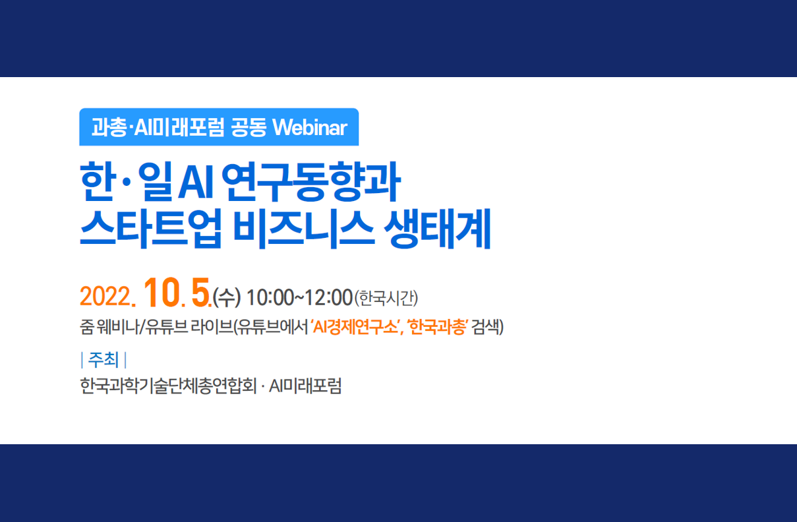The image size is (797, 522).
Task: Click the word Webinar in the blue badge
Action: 310,127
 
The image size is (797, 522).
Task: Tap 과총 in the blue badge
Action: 109,127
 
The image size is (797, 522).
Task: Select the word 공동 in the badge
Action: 249,127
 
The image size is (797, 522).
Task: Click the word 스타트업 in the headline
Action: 151,229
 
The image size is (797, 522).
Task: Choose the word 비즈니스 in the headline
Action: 303,229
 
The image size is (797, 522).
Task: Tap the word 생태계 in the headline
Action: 438,229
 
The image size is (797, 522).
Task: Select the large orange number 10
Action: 162,292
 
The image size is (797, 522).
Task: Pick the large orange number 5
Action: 200,292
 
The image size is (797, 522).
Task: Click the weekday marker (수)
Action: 227,297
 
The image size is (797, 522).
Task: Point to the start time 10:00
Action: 270,297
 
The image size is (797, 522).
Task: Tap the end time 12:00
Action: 329,297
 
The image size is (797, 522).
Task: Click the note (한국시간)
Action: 386,298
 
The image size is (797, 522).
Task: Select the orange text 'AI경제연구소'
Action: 355,327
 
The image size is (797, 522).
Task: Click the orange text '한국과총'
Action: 438,327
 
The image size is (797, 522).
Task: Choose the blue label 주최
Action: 103,359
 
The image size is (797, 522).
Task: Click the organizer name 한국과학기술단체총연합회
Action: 168,386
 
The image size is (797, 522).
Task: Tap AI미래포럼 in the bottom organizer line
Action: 305,386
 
